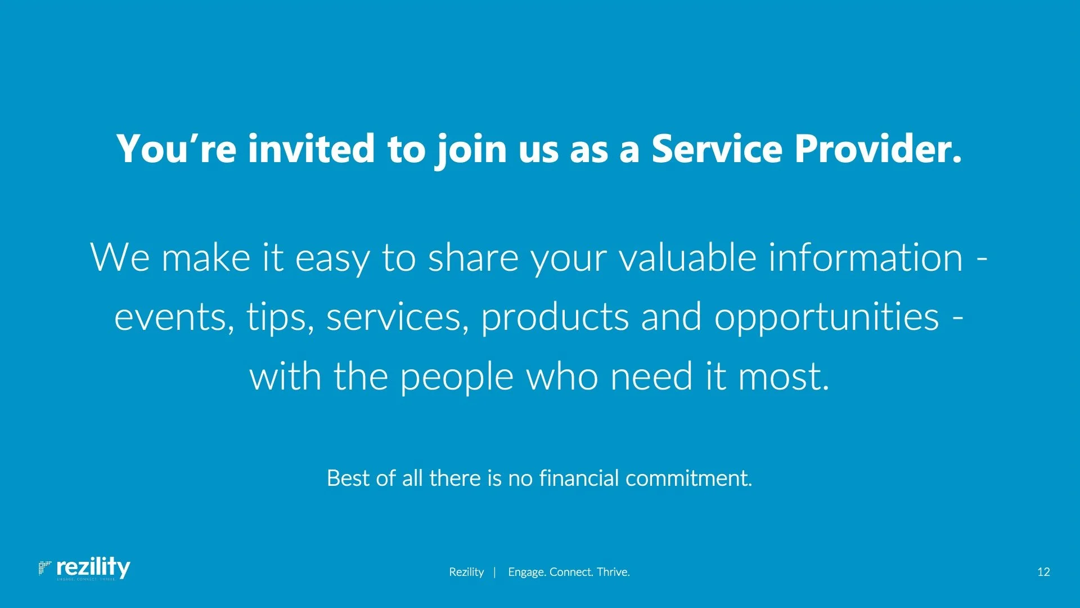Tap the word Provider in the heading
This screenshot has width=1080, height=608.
coord(878,149)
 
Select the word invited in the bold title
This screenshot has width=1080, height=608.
coord(311,149)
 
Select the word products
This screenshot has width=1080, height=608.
coord(555,317)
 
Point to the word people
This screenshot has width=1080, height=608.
coord(457,377)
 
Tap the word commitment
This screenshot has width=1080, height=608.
coord(688,478)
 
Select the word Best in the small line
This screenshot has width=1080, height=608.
coord(349,478)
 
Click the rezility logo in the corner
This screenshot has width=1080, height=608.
coord(84,568)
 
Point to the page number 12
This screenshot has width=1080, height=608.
coord(1043,572)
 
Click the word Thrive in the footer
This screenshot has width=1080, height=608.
coord(613,572)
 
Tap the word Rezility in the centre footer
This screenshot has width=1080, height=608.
coord(466,572)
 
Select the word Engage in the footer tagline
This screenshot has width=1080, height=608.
coord(526,573)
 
